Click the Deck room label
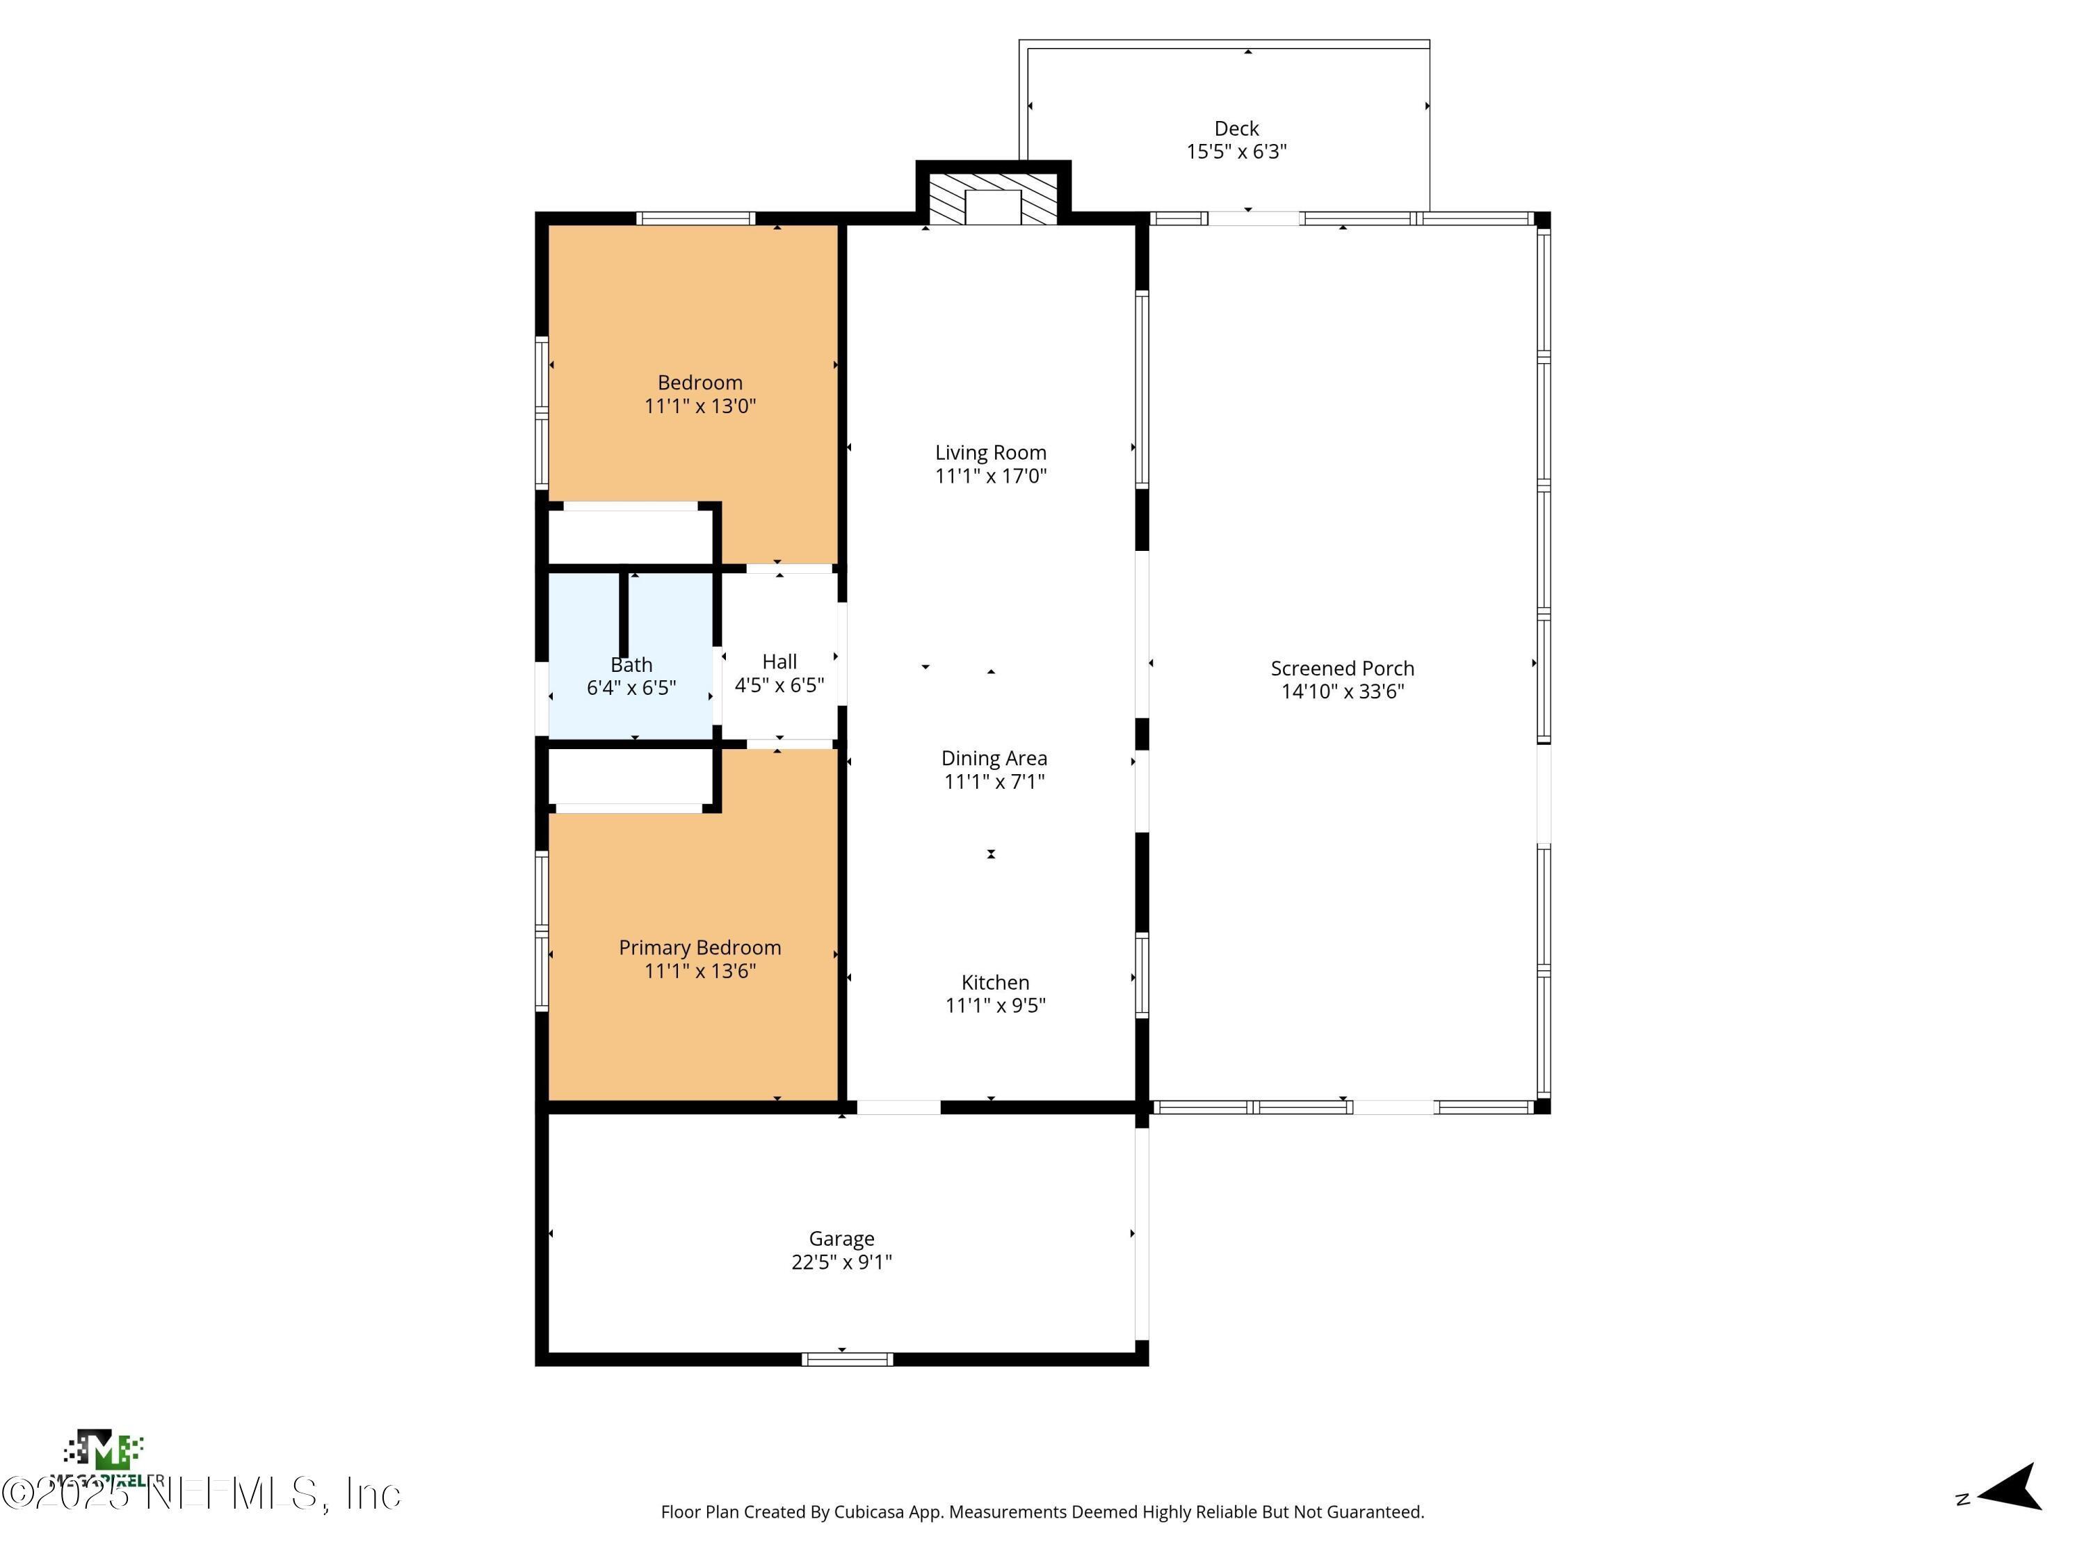point(1236,128)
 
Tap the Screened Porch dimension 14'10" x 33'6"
point(1342,691)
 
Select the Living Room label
point(990,453)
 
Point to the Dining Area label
point(994,758)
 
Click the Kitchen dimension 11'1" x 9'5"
point(995,1006)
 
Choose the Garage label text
point(841,1239)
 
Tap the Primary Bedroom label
point(700,948)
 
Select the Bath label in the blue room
point(631,665)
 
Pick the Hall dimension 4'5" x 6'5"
point(779,686)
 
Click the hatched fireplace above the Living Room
point(993,198)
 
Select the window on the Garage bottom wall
point(847,1359)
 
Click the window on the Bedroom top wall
point(695,219)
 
